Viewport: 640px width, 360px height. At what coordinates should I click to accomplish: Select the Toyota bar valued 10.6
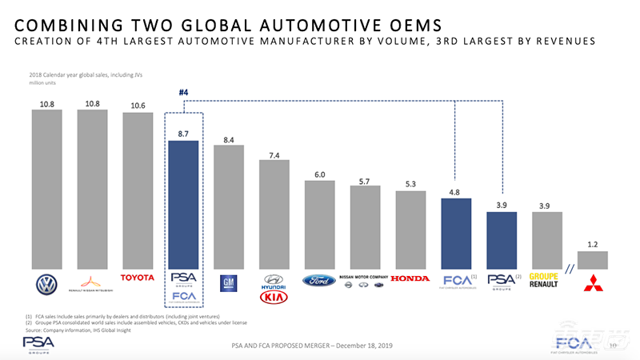pyautogui.click(x=138, y=192)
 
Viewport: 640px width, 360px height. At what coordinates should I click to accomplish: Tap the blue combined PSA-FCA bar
pyautogui.click(x=182, y=208)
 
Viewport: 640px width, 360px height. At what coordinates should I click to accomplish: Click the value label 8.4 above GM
pyautogui.click(x=229, y=140)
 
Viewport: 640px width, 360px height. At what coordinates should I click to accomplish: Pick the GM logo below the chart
pyautogui.click(x=229, y=282)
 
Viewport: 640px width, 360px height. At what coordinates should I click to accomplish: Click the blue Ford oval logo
pyautogui.click(x=319, y=281)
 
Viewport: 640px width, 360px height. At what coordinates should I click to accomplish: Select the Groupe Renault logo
pyautogui.click(x=546, y=282)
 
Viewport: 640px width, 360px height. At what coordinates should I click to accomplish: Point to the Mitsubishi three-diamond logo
pyautogui.click(x=592, y=282)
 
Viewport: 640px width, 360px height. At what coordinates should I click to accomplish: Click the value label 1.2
pyautogui.click(x=592, y=242)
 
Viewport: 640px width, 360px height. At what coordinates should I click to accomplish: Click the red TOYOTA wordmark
pyautogui.click(x=138, y=278)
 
